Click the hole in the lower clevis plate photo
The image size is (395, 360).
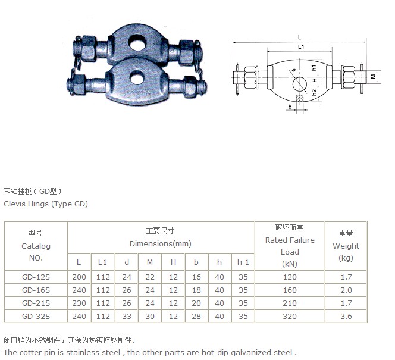pos(138,78)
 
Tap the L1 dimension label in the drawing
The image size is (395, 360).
pos(301,46)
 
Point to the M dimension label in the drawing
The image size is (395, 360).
pos(374,76)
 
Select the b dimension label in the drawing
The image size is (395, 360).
pos(290,107)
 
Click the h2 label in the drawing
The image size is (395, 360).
pos(314,93)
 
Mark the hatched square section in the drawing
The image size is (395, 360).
pos(300,99)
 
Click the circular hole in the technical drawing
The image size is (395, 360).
pos(300,84)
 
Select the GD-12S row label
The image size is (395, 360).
pos(36,277)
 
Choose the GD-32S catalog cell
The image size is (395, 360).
pos(36,316)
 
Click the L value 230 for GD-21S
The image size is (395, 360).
pos(79,303)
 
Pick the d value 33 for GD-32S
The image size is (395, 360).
pos(127,316)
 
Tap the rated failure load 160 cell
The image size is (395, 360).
pos(290,290)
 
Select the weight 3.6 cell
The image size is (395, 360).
pos(346,316)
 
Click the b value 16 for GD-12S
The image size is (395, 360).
pos(196,277)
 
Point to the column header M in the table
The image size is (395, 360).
pos(150,262)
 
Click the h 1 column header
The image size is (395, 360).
pos(243,262)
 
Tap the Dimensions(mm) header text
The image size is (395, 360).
pos(161,243)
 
